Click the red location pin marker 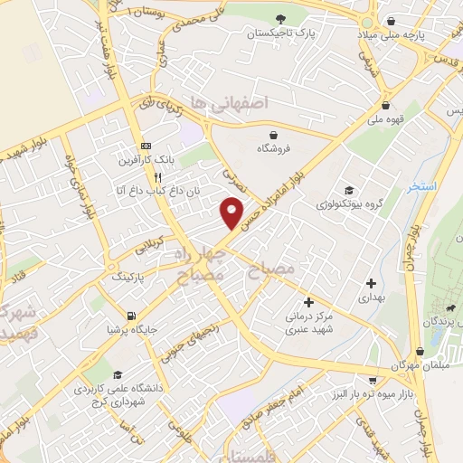232,213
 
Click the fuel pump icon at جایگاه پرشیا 133,317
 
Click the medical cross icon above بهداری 371,284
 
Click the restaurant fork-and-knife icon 159,177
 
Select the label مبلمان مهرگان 419,365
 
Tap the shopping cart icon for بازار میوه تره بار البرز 373,381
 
